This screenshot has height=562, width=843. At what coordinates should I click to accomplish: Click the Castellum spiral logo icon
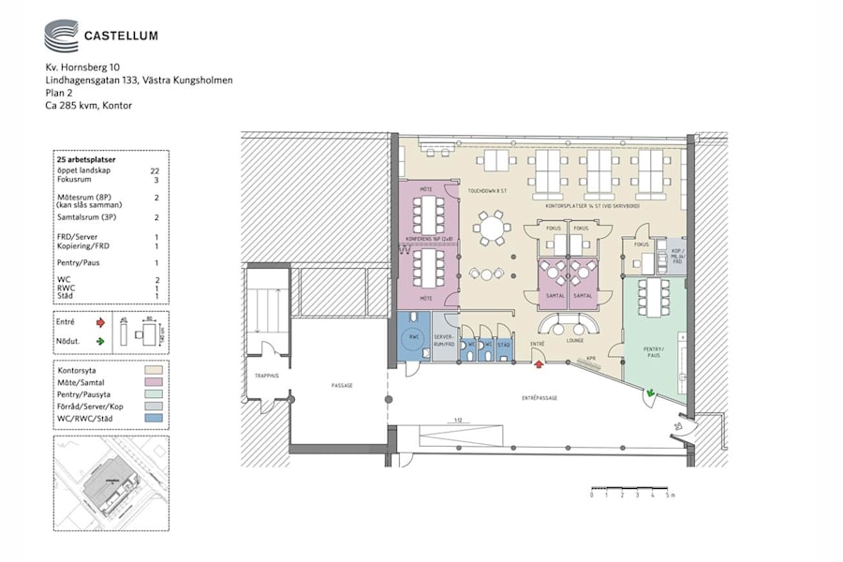[x=61, y=37]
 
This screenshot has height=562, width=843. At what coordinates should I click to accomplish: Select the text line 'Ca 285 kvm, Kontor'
[x=89, y=106]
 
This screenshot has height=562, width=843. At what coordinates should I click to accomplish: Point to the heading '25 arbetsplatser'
[x=86, y=160]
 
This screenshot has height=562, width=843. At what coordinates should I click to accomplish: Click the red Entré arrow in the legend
[x=100, y=321]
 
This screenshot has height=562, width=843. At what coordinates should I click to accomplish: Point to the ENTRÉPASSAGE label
[x=540, y=398]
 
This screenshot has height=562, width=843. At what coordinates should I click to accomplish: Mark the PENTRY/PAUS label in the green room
[x=653, y=351]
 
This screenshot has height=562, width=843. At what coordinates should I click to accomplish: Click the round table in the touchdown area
[x=491, y=228]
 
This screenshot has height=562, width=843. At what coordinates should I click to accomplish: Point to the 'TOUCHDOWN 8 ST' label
[x=487, y=190]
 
